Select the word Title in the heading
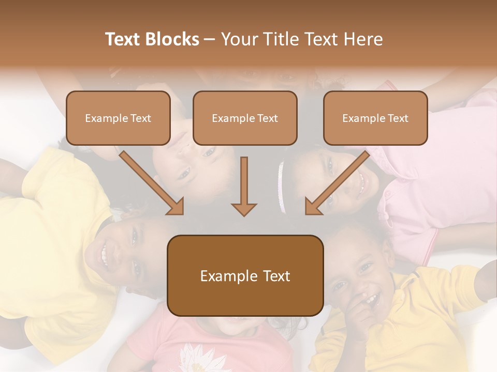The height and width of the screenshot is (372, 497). pos(282,39)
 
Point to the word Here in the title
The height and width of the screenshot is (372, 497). pos(362,39)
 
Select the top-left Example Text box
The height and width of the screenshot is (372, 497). pos(118,118)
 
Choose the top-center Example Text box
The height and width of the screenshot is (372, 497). pos(245,118)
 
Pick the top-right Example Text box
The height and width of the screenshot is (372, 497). pos(375,118)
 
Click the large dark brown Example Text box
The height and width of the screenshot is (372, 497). pos(245,275)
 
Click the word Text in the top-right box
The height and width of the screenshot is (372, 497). pos(397,118)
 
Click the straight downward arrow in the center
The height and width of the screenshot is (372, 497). pos(244,186)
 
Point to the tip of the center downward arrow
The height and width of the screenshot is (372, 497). pos(244,214)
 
